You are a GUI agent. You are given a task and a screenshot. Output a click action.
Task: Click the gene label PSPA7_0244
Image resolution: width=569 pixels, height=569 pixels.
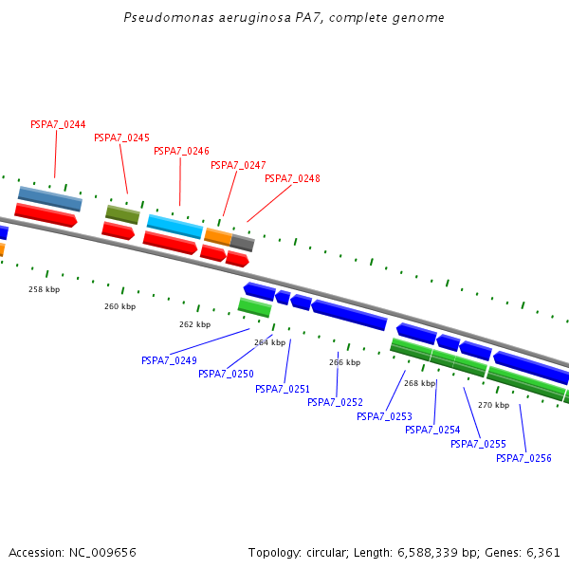[x=58, y=125]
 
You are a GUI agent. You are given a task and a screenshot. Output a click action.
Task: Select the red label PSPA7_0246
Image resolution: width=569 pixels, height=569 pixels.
[x=181, y=151]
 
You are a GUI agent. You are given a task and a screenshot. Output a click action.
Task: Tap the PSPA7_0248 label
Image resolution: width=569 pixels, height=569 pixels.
[x=292, y=178]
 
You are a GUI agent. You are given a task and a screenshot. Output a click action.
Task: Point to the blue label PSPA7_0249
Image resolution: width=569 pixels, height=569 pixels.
[x=169, y=360]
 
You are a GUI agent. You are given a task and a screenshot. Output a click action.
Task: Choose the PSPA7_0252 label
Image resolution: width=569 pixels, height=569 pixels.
[x=335, y=402]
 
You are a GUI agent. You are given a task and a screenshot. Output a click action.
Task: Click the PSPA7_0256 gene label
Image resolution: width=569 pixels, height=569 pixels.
[x=523, y=459]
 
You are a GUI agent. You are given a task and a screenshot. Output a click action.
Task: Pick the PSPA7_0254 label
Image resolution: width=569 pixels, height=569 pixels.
[x=432, y=430]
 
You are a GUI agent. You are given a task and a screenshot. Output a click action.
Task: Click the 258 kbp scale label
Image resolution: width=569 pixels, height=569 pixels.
[x=44, y=289]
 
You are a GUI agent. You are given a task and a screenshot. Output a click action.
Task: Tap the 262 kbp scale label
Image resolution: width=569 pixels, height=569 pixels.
[x=194, y=324]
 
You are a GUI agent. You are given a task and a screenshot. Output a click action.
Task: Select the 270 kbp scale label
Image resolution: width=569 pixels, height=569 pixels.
[x=493, y=405]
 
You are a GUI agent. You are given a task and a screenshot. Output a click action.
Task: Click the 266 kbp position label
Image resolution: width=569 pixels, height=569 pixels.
[x=344, y=362]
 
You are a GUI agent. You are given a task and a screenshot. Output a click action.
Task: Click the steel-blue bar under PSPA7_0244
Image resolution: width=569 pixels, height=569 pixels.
[x=49, y=198]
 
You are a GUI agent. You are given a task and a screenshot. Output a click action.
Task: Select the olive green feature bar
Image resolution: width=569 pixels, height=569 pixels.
[x=122, y=214]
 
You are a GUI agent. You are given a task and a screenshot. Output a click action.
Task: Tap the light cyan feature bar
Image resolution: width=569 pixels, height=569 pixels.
[x=174, y=227]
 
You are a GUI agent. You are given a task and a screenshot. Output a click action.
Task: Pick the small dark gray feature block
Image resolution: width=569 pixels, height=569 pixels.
[x=243, y=243]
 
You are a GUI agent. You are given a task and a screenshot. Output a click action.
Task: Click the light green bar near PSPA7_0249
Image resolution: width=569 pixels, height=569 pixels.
[x=254, y=307]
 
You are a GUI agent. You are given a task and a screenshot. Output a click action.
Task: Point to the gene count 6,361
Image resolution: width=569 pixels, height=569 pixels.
[x=542, y=552]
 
